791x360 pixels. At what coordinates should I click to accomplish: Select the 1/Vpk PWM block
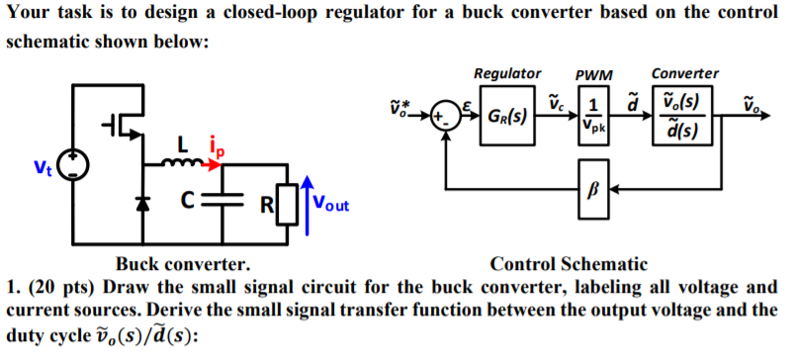tap(593, 117)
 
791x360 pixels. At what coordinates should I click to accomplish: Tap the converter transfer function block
tap(683, 117)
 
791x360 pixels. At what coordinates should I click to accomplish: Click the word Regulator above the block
tap(507, 74)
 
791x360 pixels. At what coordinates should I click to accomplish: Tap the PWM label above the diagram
tap(593, 75)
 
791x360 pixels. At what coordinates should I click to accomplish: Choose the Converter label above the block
tap(685, 74)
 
